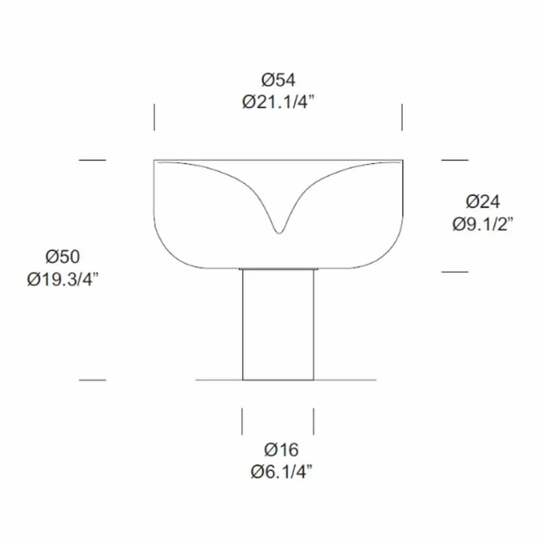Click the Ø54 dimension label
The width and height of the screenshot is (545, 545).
278,80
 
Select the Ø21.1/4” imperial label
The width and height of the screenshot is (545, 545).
279,102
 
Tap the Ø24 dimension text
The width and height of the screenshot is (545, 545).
483,202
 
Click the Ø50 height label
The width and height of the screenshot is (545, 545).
63,257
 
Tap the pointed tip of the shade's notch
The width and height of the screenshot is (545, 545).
278,232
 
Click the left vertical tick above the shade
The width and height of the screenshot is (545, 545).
154,117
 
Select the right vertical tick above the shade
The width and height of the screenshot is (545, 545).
402,117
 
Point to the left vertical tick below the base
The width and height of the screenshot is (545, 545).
243,421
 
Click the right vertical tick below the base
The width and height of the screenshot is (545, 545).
313,421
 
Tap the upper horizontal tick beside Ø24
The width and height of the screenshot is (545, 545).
455,160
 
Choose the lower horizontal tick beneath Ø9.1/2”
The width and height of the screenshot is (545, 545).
455,271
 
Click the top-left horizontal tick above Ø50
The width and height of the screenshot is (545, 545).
92,160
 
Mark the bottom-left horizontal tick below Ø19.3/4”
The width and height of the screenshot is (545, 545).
92,379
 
